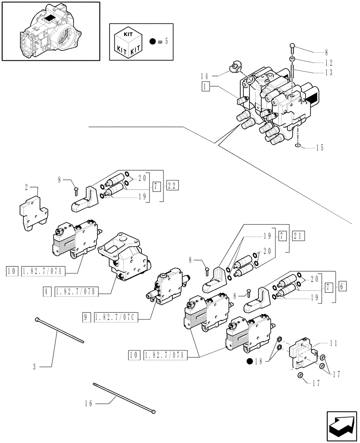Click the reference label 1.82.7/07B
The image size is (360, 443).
(77, 292)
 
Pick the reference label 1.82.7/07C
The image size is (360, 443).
(116, 318)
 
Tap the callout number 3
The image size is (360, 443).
(35, 366)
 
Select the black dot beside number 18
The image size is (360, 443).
(251, 361)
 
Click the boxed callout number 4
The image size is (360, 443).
(47, 292)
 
